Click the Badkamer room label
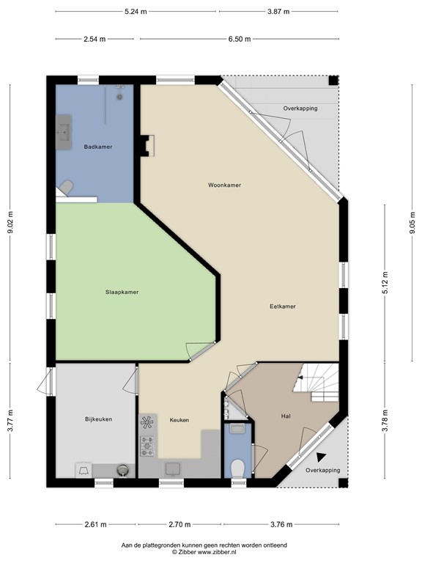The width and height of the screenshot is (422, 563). pyautogui.click(x=98, y=147)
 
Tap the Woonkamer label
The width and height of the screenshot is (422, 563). pyautogui.click(x=224, y=185)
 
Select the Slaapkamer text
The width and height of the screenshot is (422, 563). pyautogui.click(x=122, y=292)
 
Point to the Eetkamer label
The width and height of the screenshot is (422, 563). pyautogui.click(x=283, y=306)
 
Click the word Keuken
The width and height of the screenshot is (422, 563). pyautogui.click(x=179, y=420)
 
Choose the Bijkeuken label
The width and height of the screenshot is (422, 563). pyautogui.click(x=98, y=419)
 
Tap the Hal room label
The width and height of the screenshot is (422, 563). pyautogui.click(x=287, y=416)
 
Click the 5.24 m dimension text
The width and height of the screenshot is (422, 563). pyautogui.click(x=136, y=12)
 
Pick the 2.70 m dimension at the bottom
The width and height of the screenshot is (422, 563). pyautogui.click(x=180, y=525)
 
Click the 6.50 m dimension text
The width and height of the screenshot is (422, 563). pyautogui.click(x=239, y=39)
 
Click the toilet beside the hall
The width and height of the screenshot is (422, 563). pyautogui.click(x=237, y=466)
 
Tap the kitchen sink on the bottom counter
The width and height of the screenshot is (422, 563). pyautogui.click(x=174, y=468)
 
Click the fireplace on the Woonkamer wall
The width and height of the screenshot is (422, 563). pyautogui.click(x=149, y=145)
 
